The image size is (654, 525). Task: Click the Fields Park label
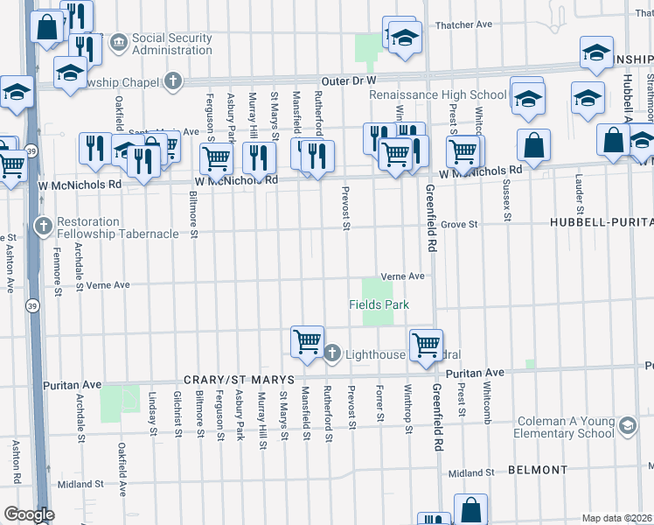click(379, 304)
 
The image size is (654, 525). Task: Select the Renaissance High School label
click(437, 94)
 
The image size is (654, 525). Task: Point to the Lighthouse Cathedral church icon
click(331, 353)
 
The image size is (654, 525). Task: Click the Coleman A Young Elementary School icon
click(626, 426)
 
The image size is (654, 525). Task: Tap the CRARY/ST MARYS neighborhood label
click(229, 381)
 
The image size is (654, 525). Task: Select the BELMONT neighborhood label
click(538, 470)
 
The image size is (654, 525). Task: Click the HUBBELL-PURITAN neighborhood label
click(602, 223)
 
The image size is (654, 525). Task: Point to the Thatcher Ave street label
click(464, 25)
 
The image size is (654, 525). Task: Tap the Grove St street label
click(459, 225)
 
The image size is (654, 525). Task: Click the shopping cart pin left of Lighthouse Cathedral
click(307, 340)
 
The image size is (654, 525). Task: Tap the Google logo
click(28, 514)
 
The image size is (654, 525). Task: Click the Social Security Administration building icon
click(118, 42)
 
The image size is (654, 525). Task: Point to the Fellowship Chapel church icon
click(173, 82)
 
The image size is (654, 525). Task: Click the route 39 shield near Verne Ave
click(32, 306)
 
